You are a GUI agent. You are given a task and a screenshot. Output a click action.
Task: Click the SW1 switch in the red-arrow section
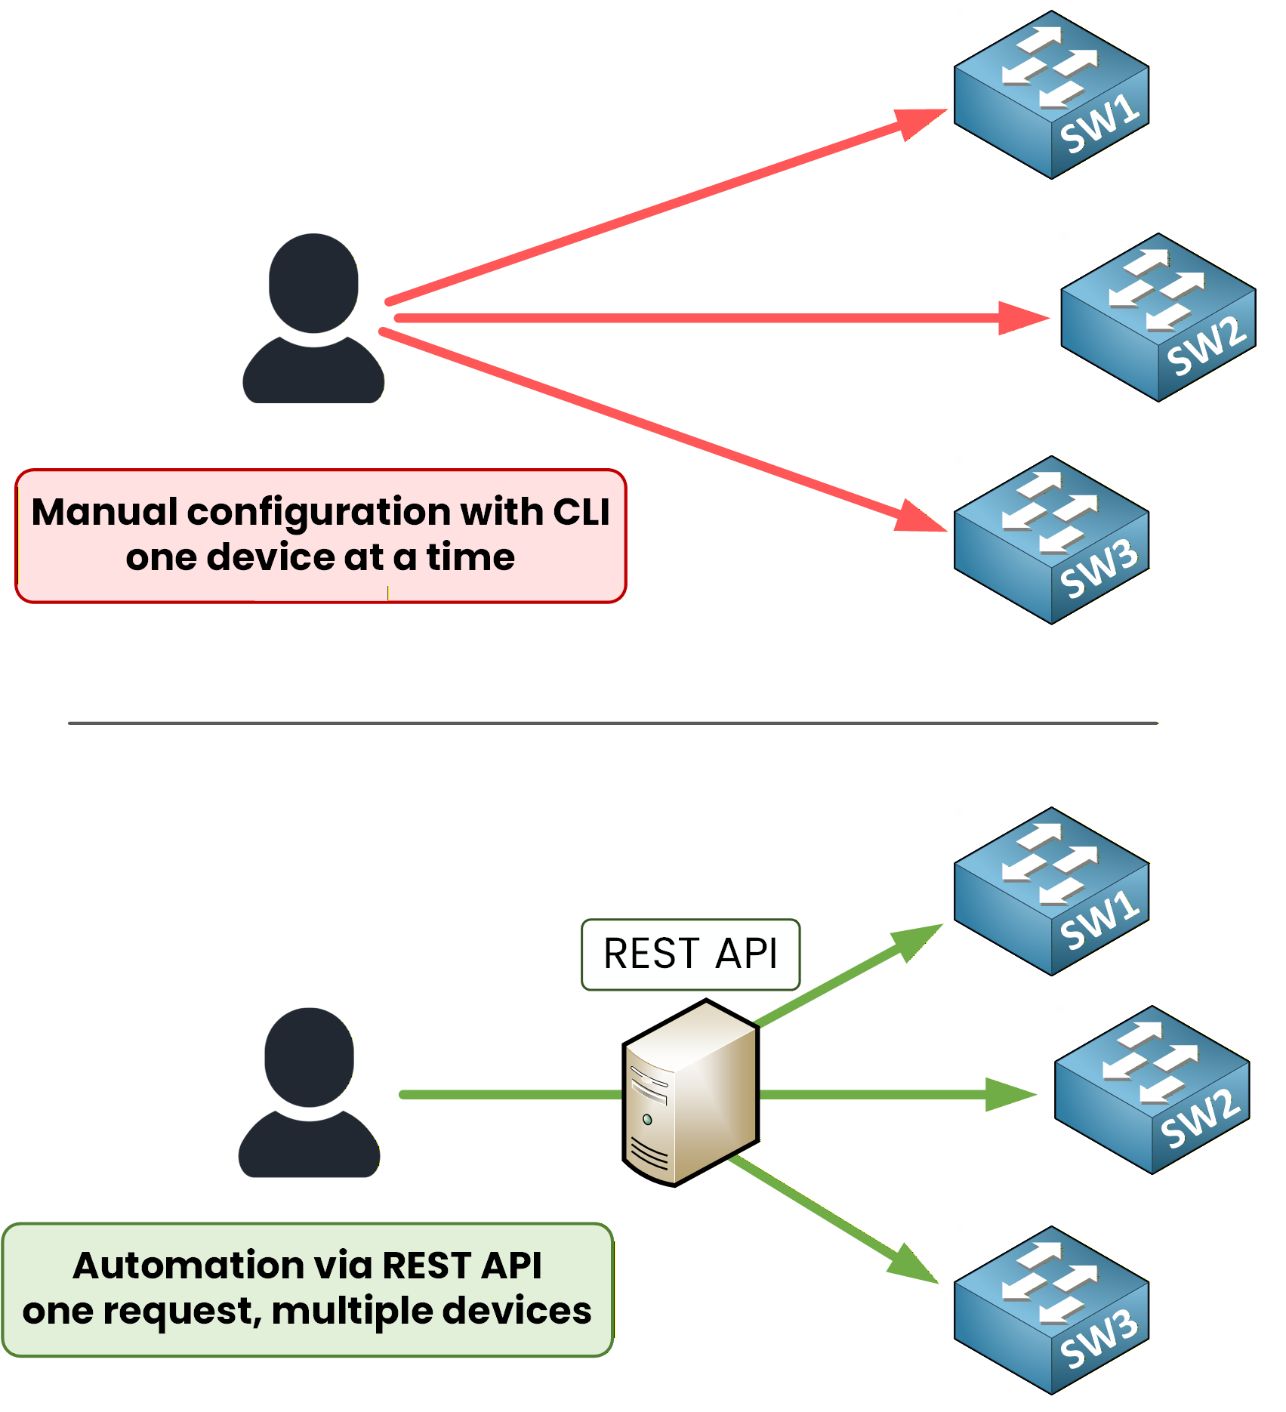[x=1051, y=94]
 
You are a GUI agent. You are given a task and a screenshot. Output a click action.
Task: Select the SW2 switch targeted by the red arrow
[x=1158, y=317]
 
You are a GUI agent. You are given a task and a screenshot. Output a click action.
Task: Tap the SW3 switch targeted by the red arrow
[x=1051, y=540]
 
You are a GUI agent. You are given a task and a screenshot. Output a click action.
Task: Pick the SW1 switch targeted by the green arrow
[x=1051, y=891]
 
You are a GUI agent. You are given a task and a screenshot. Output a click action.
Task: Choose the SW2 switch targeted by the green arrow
[x=1152, y=1090]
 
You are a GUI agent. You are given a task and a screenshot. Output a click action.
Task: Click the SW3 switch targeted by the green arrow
[x=1051, y=1310]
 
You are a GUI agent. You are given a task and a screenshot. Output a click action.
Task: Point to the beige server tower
[x=690, y=1093]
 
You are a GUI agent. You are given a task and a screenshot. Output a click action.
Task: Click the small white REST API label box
[x=690, y=954]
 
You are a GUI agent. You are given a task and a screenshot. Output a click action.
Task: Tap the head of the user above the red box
[x=313, y=283]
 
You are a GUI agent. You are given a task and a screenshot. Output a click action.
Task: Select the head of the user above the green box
[x=309, y=1057]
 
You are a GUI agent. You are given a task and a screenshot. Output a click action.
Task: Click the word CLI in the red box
[x=581, y=512]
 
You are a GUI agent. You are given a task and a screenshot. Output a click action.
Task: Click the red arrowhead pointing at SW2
[x=1021, y=318]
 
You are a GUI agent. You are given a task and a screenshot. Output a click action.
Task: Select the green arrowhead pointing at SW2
[x=1009, y=1094]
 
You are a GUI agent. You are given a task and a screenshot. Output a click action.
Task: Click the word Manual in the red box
[x=104, y=512]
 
